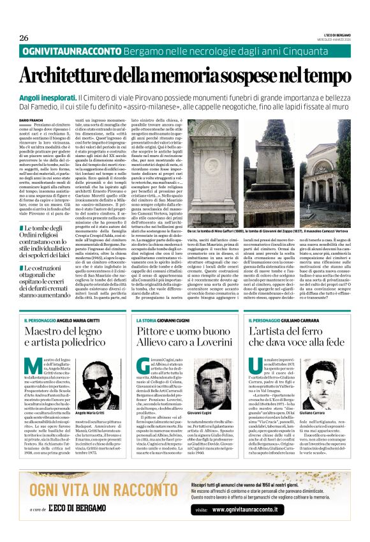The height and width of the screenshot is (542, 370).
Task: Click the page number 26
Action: [x=24, y=38]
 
